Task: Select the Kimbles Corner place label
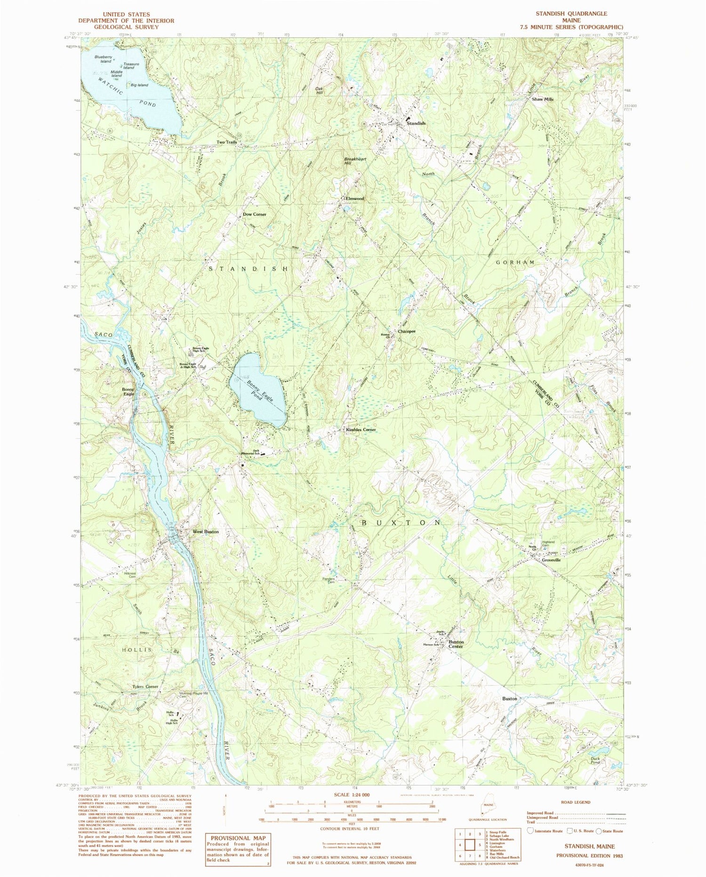pyautogui.click(x=361, y=430)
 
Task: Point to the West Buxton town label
pyautogui.click(x=206, y=531)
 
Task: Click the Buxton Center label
pyautogui.click(x=456, y=644)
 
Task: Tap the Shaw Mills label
pyautogui.click(x=543, y=100)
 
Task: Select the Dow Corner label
pyautogui.click(x=255, y=214)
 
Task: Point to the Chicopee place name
pyautogui.click(x=407, y=332)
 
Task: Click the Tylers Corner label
pyautogui.click(x=145, y=687)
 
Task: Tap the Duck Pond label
pyautogui.click(x=595, y=760)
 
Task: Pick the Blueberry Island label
pyautogui.click(x=103, y=59)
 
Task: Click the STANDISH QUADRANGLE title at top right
pyautogui.click(x=571, y=14)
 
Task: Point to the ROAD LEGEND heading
pyautogui.click(x=575, y=802)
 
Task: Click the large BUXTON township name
pyautogui.click(x=401, y=523)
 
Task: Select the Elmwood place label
pyautogui.click(x=355, y=199)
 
